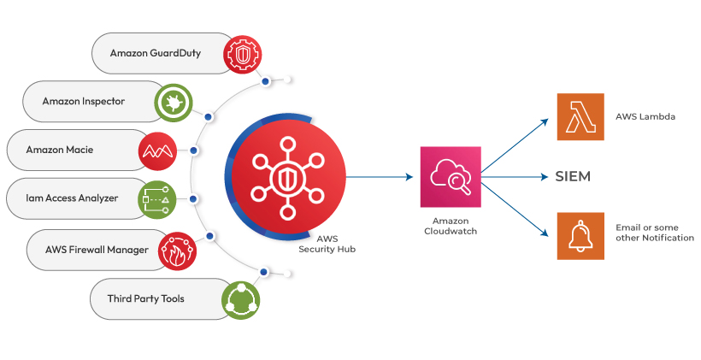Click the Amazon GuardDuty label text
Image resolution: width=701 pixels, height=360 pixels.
pyautogui.click(x=156, y=53)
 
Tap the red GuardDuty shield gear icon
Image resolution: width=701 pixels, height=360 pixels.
pyautogui.click(x=241, y=53)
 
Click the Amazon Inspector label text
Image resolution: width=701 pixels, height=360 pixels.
pyautogui.click(x=84, y=102)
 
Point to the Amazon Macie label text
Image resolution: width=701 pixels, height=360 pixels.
pyautogui.click(x=60, y=150)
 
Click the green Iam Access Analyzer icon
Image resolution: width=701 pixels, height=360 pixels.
pyautogui.click(x=156, y=198)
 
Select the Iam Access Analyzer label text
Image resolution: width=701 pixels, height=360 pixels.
pyautogui.click(x=74, y=199)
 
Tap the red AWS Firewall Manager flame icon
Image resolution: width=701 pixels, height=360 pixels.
pyautogui.click(x=178, y=250)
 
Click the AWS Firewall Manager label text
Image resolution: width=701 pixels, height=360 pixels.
pyautogui.click(x=97, y=251)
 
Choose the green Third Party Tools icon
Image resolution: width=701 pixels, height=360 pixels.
pyautogui.click(x=240, y=298)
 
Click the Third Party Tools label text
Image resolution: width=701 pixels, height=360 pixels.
pyautogui.click(x=146, y=299)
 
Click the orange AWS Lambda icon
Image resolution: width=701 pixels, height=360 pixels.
pyautogui.click(x=580, y=117)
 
